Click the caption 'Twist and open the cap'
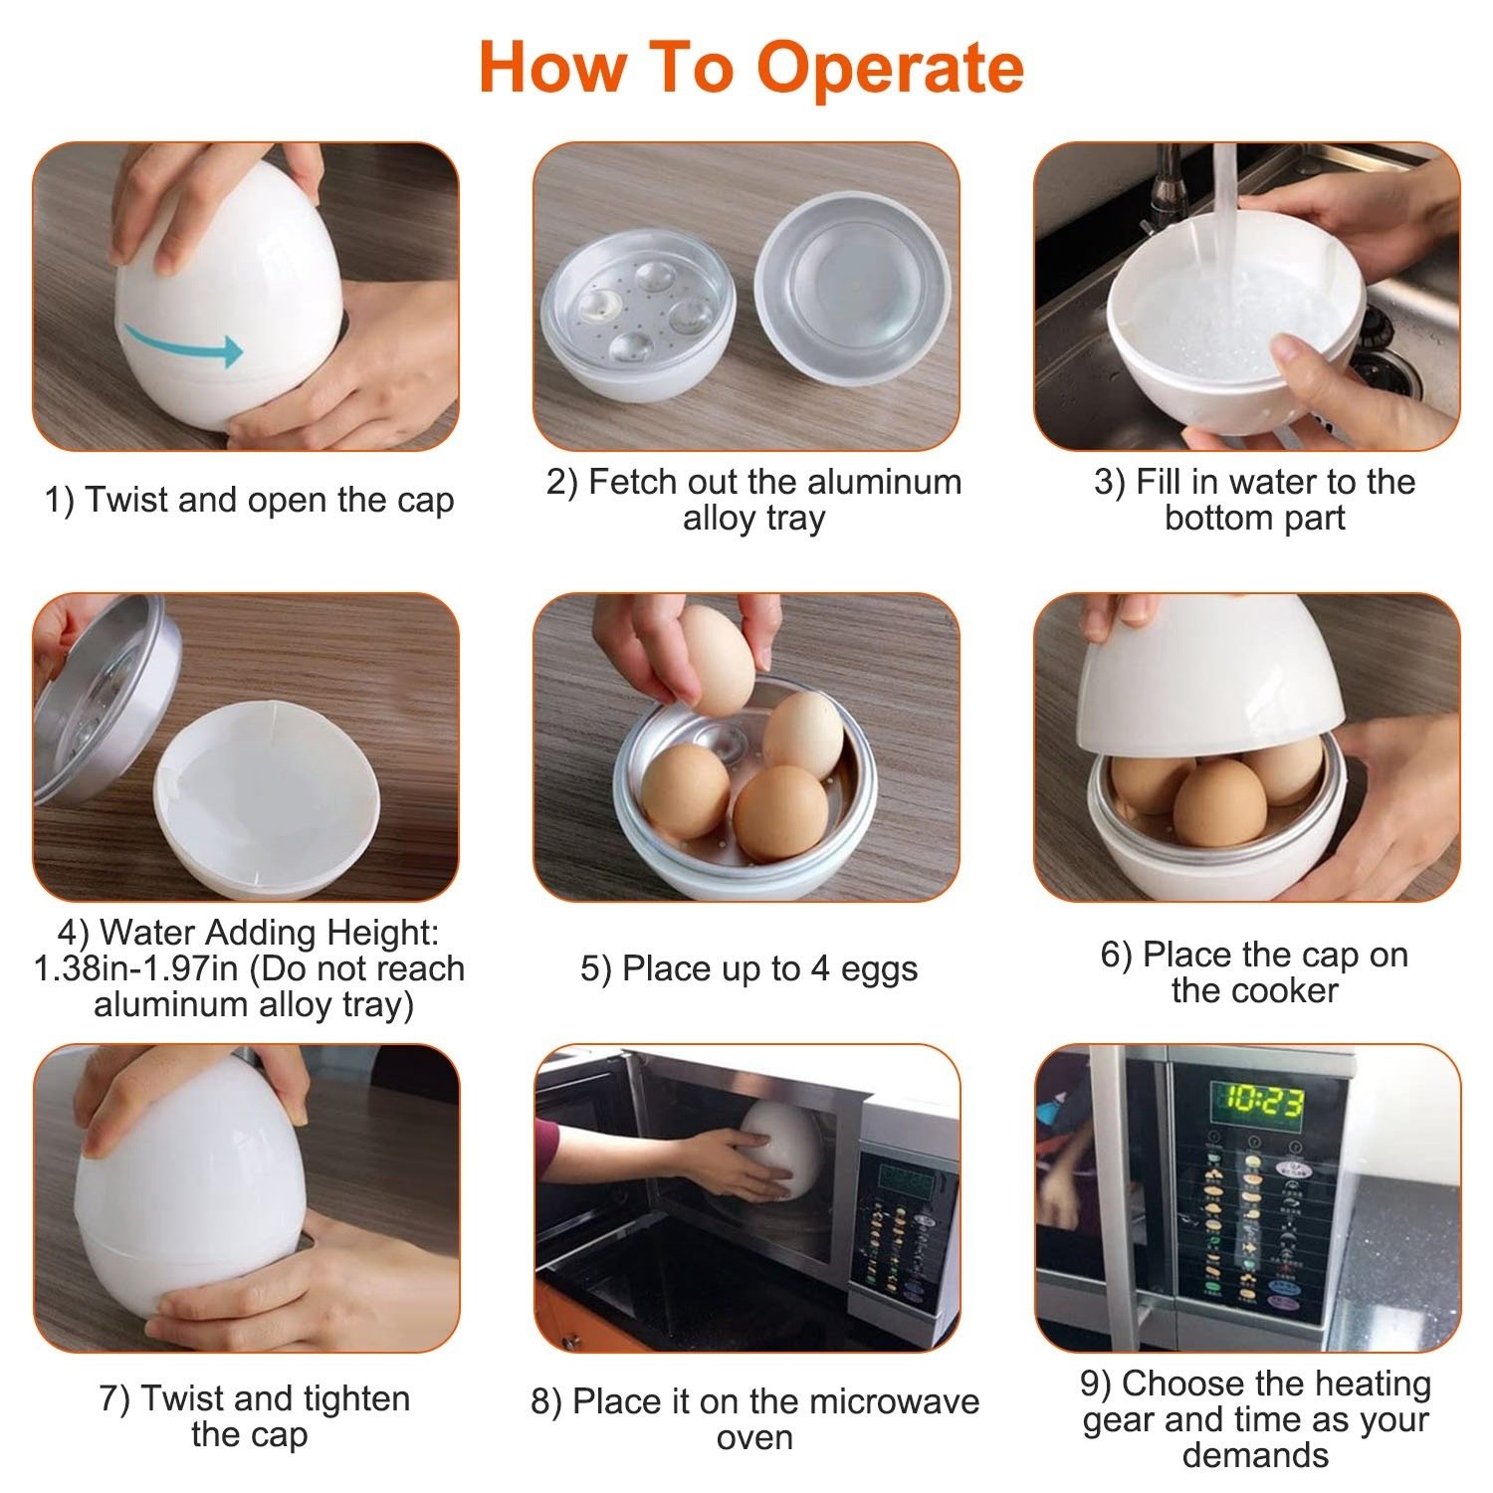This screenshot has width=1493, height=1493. pyautogui.click(x=249, y=500)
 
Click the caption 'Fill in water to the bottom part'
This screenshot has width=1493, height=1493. pyautogui.click(x=1254, y=500)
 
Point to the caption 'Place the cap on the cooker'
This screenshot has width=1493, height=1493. pyautogui.click(x=1254, y=972)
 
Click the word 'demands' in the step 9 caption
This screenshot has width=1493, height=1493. pyautogui.click(x=1255, y=1455)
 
